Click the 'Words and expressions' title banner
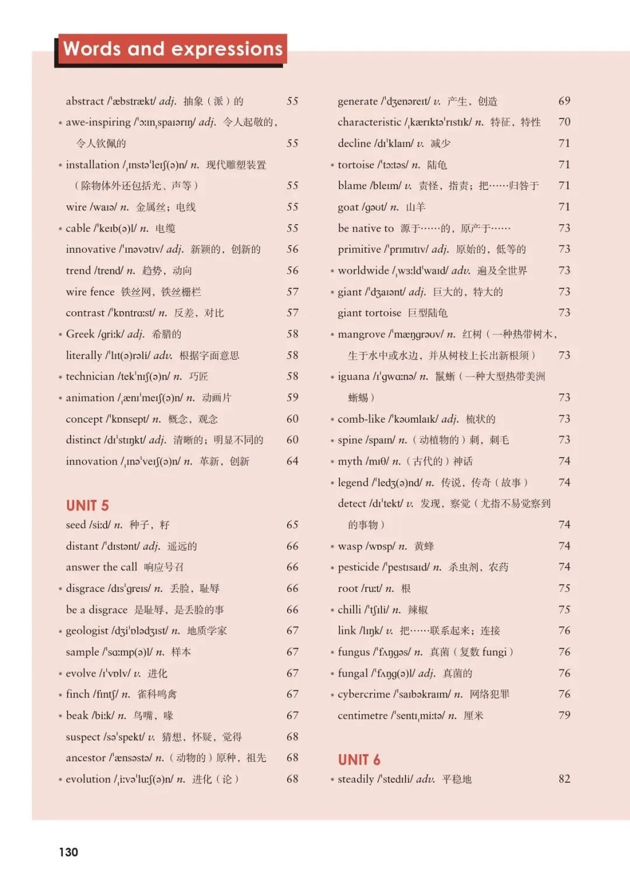click(172, 49)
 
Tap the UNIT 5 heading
click(87, 506)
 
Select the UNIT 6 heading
click(359, 759)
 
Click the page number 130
click(68, 852)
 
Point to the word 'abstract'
click(85, 101)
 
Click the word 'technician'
click(90, 377)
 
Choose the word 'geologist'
click(87, 631)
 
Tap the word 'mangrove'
click(361, 334)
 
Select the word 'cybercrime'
click(365, 695)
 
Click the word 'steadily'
click(356, 779)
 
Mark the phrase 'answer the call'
click(101, 567)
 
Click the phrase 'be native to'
click(366, 228)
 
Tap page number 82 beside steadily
click(564, 779)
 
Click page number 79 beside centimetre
click(564, 716)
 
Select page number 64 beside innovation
click(292, 461)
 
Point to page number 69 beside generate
click(564, 101)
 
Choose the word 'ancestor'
click(86, 758)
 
